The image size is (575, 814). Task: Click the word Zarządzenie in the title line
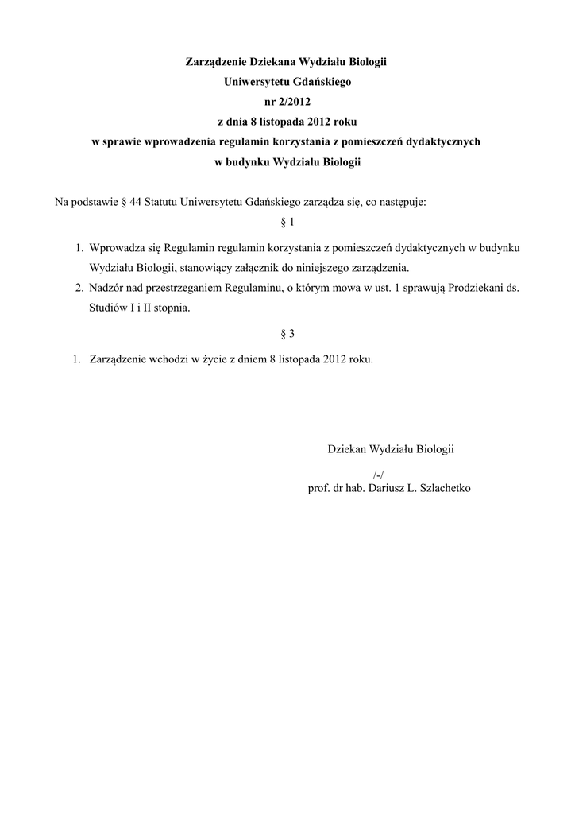216,61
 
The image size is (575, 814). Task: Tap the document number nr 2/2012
287,102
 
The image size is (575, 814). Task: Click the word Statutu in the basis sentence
161,202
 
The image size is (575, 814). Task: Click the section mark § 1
287,222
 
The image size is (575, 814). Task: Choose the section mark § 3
287,334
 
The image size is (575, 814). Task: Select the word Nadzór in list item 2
106,288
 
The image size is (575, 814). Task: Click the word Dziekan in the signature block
346,449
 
